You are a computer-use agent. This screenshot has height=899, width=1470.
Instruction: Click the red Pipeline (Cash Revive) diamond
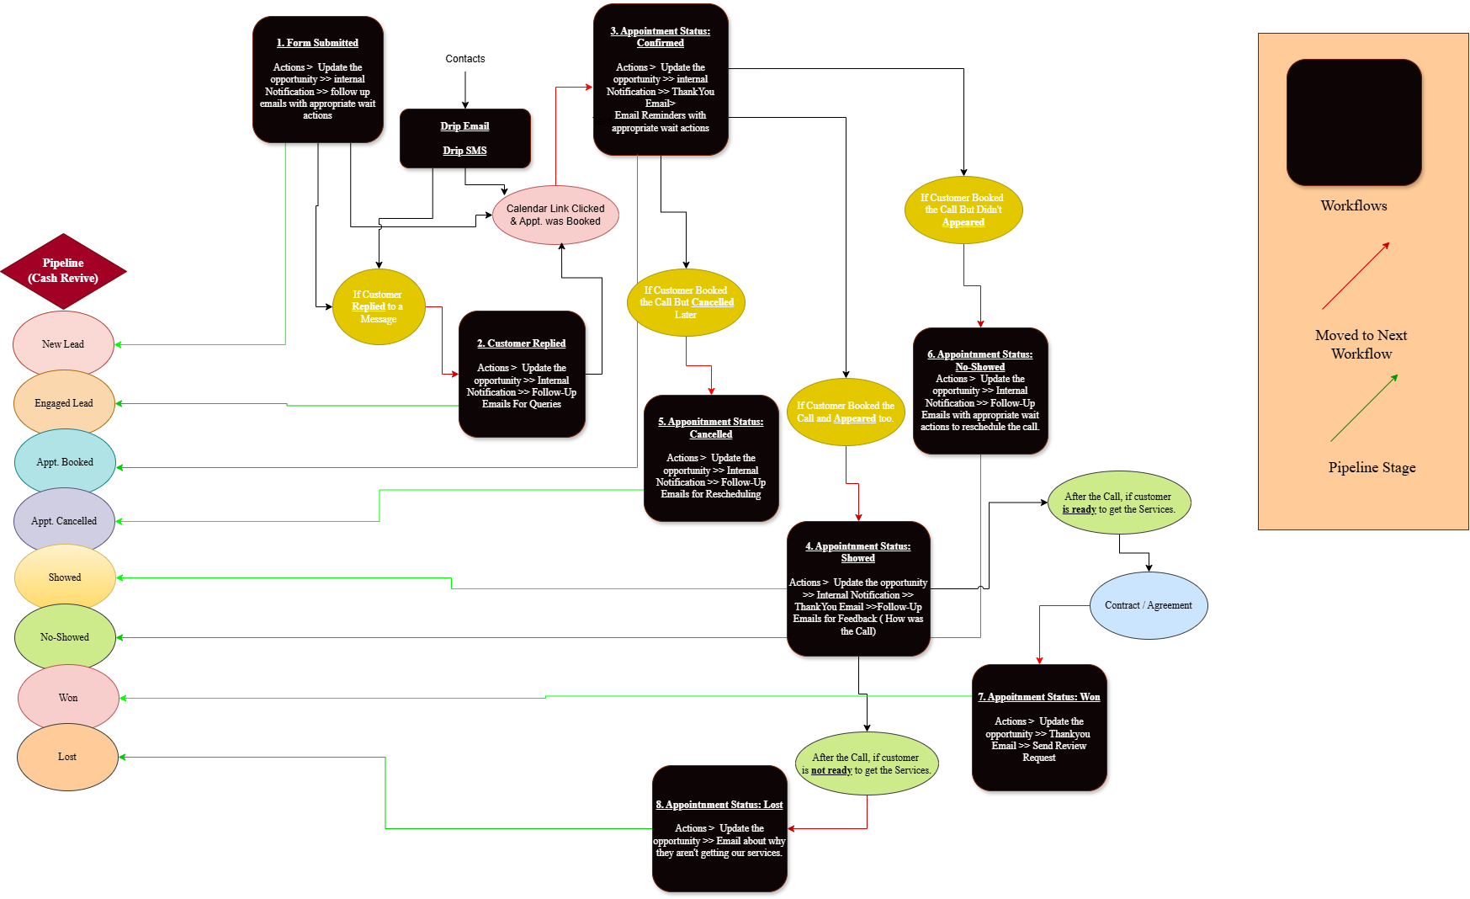coord(63,271)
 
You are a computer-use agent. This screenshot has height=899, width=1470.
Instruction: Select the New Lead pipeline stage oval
coord(63,344)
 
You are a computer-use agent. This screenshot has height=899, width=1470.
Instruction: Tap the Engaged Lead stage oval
coord(64,403)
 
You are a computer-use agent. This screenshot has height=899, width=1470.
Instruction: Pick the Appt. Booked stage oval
coord(65,462)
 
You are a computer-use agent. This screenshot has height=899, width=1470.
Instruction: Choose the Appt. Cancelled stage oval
coord(64,521)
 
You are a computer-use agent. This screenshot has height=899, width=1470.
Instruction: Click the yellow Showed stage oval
coord(65,577)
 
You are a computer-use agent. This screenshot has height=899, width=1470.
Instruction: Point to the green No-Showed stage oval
coord(65,637)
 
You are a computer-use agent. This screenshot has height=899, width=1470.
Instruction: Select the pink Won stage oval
coord(68,698)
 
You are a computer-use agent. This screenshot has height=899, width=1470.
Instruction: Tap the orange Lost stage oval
coord(67,757)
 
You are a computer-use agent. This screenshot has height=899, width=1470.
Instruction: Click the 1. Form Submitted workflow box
coord(318,79)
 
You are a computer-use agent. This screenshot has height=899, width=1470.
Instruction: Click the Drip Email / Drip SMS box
coord(464,138)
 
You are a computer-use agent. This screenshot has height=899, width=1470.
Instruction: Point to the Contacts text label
coord(465,59)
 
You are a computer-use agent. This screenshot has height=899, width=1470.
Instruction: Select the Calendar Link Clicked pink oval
coord(555,215)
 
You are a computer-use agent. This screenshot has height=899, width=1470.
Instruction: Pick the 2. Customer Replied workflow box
coord(522,374)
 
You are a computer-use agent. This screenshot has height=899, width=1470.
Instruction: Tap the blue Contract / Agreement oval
coord(1149,605)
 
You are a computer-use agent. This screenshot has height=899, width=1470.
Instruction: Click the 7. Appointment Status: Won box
coord(1039,727)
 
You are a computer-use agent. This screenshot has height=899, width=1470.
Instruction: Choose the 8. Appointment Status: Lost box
coord(719,828)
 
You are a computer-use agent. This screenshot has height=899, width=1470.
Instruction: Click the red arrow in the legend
coord(1356,276)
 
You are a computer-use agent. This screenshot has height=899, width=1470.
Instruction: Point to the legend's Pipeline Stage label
coord(1372,468)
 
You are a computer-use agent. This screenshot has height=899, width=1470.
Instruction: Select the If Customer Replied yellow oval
coord(379,306)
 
